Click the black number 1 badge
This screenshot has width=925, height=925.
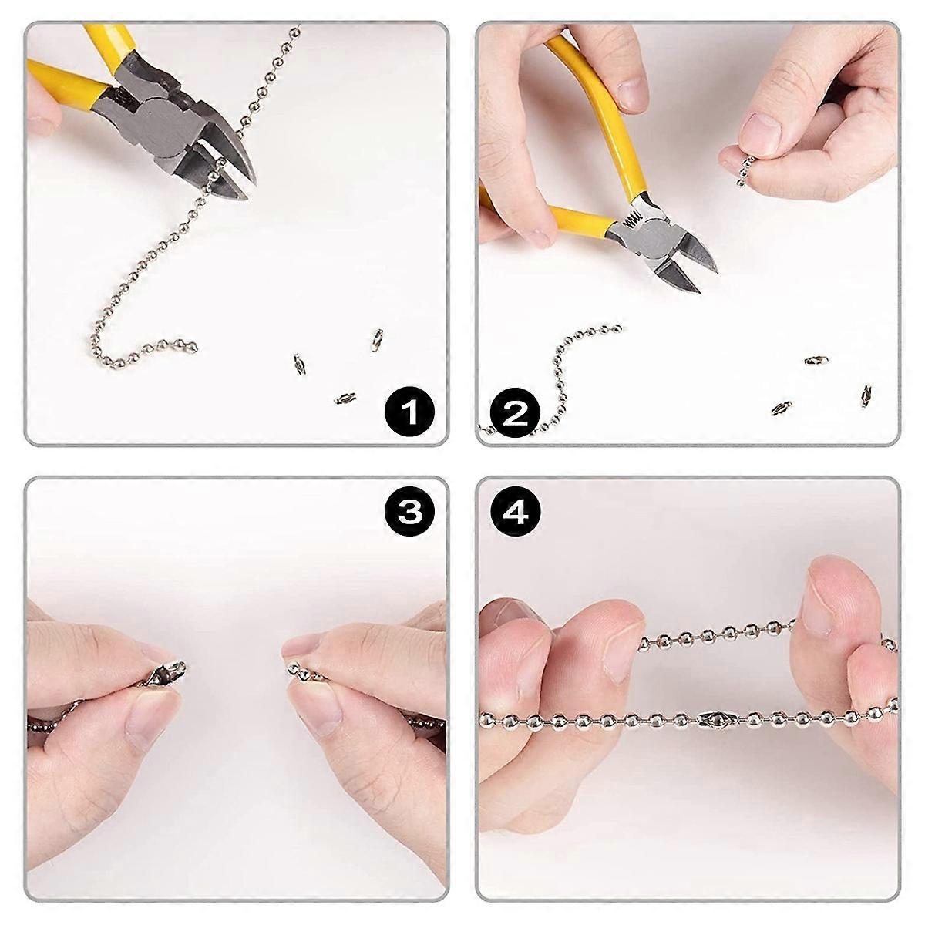click(x=409, y=413)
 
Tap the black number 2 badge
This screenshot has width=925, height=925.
click(x=515, y=413)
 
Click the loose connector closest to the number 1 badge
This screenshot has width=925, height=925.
click(x=345, y=398)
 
